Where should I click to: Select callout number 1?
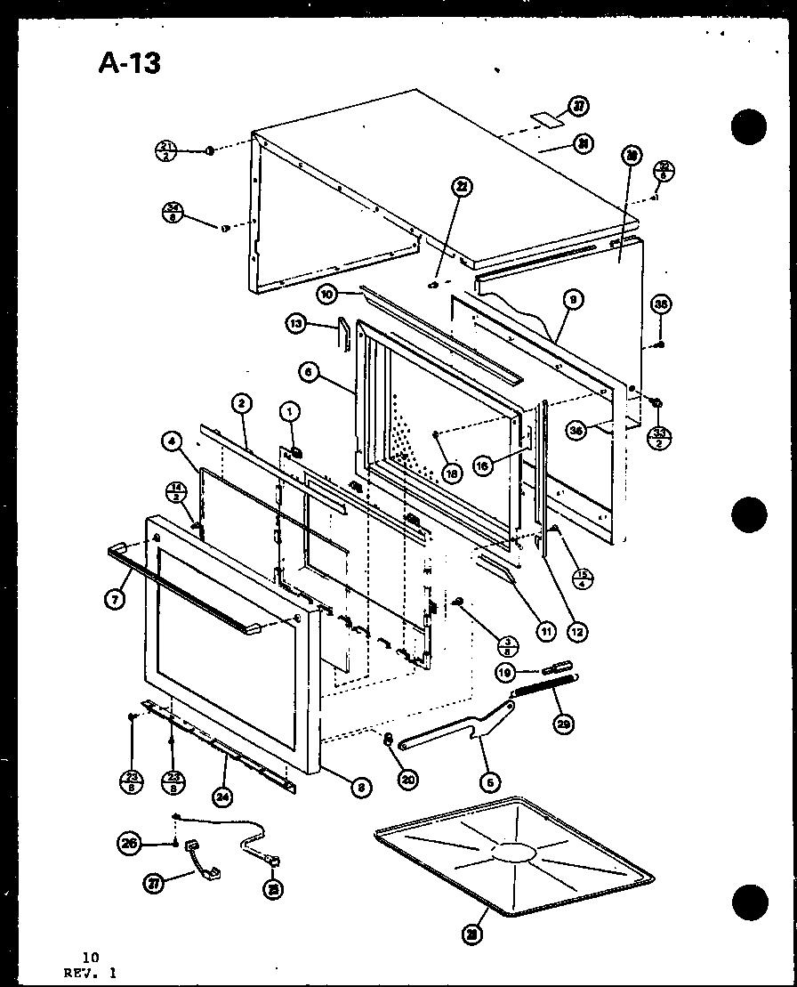(287, 411)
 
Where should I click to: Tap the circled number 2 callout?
(239, 403)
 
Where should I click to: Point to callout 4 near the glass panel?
(173, 440)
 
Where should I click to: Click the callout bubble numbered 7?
(114, 599)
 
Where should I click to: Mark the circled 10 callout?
(326, 293)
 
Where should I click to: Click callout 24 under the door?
(222, 797)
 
